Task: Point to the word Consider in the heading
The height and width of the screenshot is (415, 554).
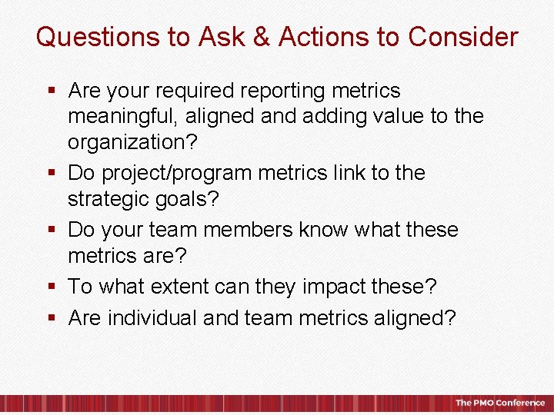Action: [x=463, y=37]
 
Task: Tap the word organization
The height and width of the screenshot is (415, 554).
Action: [x=129, y=143]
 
